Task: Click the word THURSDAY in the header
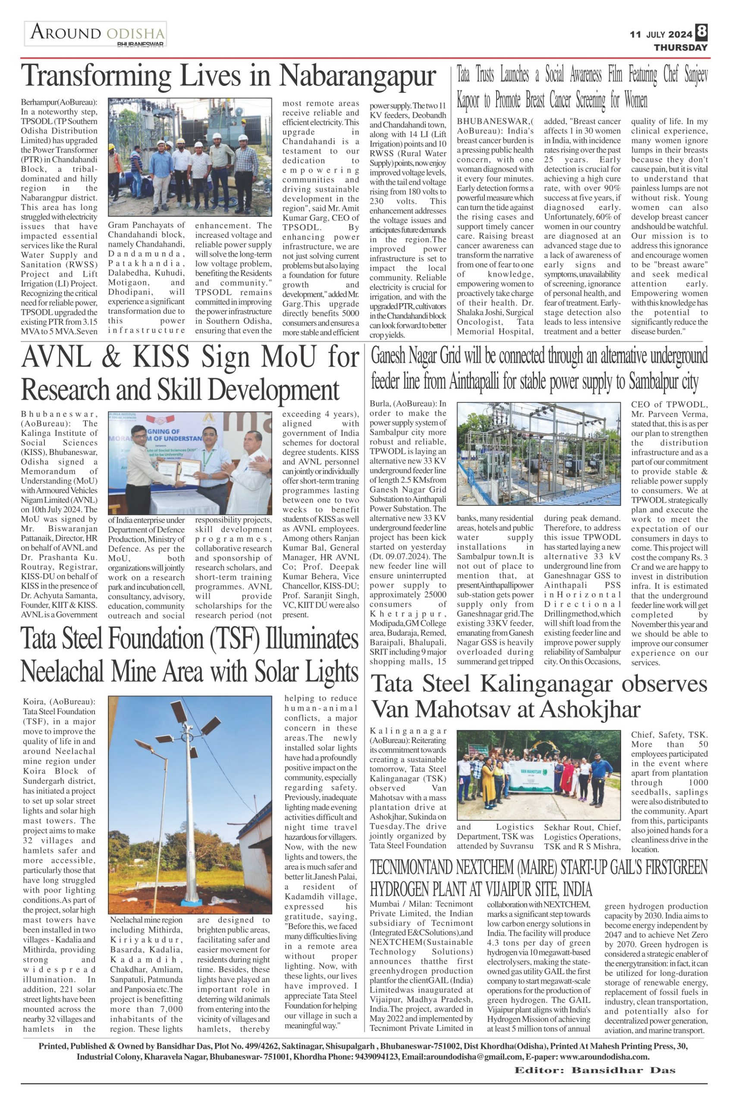[680, 47]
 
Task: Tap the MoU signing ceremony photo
[190, 463]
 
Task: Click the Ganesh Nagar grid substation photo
[538, 454]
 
